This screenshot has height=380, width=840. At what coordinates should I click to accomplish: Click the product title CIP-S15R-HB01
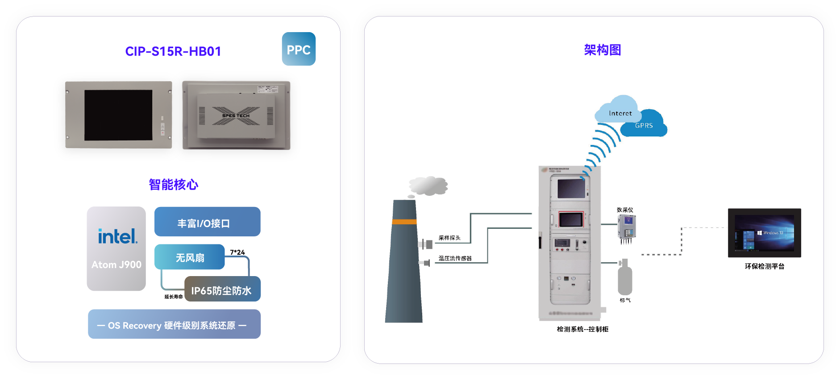(173, 51)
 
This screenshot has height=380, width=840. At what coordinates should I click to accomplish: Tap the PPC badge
(299, 50)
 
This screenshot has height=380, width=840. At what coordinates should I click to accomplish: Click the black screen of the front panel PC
(118, 115)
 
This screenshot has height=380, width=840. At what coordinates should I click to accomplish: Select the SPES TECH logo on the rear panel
(236, 116)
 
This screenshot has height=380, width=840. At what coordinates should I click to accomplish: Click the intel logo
(117, 236)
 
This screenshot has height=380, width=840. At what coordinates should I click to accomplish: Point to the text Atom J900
(116, 264)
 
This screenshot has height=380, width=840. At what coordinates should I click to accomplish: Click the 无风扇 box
(190, 257)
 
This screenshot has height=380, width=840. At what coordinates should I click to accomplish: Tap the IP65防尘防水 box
(222, 290)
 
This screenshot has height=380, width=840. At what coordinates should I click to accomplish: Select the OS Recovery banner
(174, 325)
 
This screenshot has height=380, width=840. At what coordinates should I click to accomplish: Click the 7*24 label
(237, 252)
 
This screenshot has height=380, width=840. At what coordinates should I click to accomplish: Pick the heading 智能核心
(173, 184)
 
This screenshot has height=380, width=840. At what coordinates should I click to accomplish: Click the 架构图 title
(603, 50)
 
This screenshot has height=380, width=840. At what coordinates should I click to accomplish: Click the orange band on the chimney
(404, 222)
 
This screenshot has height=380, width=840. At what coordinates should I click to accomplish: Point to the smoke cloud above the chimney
(428, 186)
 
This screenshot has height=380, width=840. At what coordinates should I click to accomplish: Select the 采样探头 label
(449, 238)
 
